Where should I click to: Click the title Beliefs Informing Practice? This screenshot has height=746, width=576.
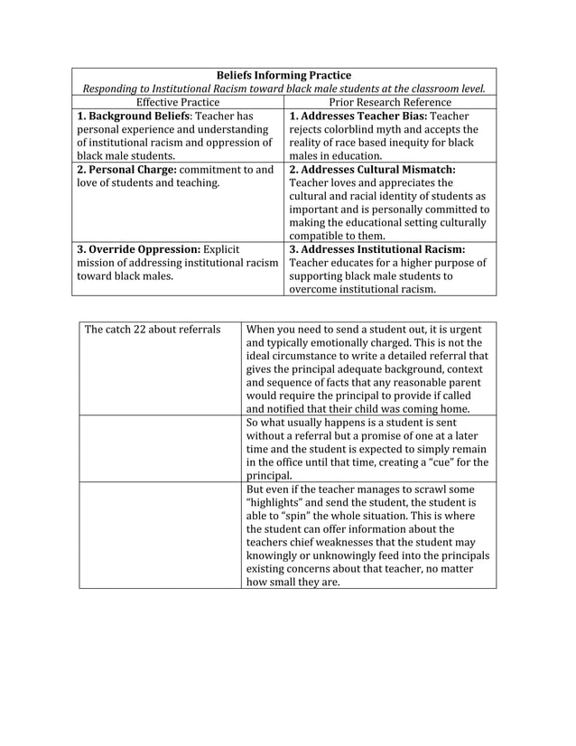click(x=284, y=75)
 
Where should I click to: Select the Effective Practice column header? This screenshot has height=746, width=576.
click(x=178, y=102)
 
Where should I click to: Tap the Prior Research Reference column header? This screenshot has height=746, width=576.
click(x=390, y=102)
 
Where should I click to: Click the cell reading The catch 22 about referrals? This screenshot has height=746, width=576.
click(x=153, y=329)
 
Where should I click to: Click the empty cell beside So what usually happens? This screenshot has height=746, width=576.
click(x=161, y=448)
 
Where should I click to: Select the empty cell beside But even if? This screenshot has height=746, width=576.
click(x=161, y=535)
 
